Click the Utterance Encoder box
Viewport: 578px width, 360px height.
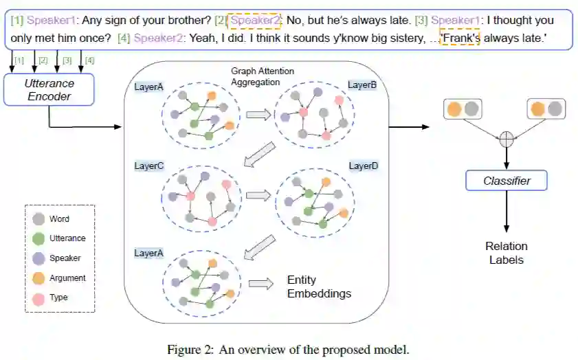[x=49, y=90]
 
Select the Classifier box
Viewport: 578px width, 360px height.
[x=507, y=181]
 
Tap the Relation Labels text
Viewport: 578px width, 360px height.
[x=507, y=253]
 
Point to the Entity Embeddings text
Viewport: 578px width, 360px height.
[x=318, y=288]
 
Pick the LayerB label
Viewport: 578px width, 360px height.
[x=363, y=85]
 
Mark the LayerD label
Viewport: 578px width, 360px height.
[x=364, y=166]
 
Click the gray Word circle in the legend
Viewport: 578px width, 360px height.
[x=39, y=219]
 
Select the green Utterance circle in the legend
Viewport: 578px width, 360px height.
[x=39, y=238]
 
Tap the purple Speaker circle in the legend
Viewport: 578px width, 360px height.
[x=39, y=258]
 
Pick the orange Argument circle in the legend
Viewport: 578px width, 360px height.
[x=39, y=278]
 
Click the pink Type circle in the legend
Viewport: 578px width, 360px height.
[x=39, y=297]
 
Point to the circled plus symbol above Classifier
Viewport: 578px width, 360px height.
[x=507, y=139]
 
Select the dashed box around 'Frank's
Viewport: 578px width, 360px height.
[x=460, y=39]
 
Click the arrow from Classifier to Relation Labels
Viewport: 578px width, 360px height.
[x=507, y=211]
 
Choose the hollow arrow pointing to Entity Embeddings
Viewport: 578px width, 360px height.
[x=260, y=284]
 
